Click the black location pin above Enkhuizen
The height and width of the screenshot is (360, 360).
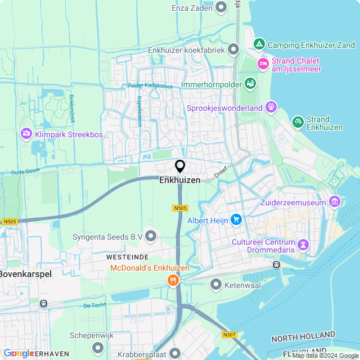(x=180, y=166)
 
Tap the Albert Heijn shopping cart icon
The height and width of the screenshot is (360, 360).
(x=237, y=220)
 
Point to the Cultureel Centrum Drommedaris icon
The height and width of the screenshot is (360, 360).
(x=303, y=244)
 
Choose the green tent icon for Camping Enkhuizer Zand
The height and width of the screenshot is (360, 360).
(x=259, y=44)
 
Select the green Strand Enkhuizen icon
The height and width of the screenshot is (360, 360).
(x=298, y=121)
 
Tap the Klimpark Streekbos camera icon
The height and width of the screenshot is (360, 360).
(x=26, y=134)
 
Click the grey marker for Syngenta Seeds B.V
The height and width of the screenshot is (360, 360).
(x=151, y=236)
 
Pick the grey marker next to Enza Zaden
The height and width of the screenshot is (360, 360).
(x=221, y=7)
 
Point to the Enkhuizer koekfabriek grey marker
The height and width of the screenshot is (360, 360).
(x=234, y=49)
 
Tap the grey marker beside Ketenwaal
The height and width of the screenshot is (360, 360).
(x=216, y=285)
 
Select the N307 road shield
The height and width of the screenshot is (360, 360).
(x=229, y=335)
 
